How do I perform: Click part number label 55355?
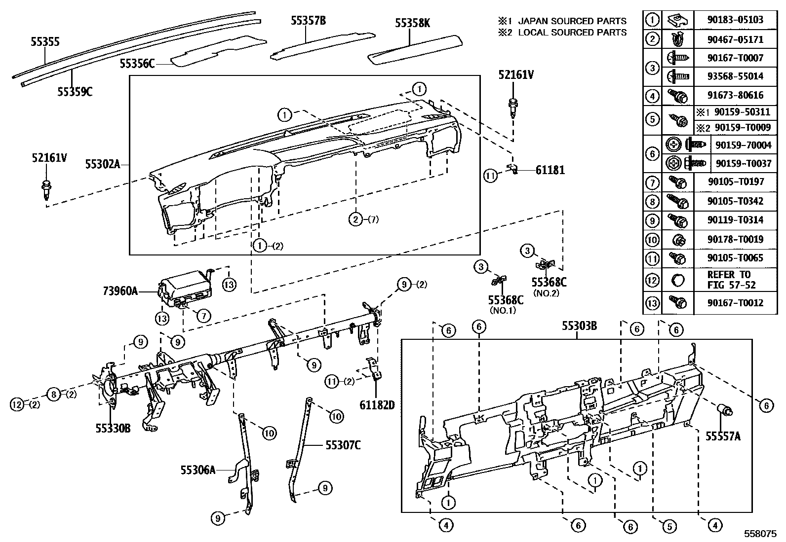45,42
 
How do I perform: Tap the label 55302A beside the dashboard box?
102,164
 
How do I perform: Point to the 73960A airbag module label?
120,291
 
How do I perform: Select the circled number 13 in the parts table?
652,302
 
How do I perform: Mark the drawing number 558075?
761,534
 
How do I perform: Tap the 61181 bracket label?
550,170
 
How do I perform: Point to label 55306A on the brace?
197,470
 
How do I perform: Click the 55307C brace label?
343,445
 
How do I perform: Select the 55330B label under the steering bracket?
113,428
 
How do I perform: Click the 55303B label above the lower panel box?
579,326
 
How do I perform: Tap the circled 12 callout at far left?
17,404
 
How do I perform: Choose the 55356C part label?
137,64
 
